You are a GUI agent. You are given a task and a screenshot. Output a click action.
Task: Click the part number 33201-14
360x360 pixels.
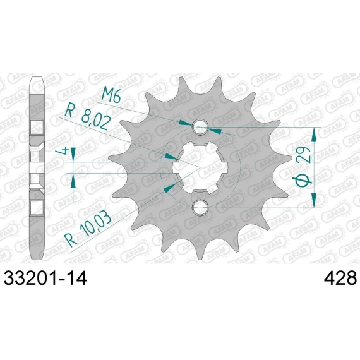(x=45, y=278)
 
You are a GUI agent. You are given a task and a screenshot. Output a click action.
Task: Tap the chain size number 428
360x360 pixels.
(x=340, y=278)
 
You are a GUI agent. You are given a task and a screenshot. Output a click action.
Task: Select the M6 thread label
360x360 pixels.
(x=111, y=95)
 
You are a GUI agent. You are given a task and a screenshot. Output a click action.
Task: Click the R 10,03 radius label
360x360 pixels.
(x=88, y=232)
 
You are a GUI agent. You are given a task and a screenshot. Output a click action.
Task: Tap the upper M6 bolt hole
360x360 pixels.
(x=200, y=126)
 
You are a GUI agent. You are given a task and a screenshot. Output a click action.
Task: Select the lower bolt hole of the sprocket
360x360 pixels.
(x=200, y=207)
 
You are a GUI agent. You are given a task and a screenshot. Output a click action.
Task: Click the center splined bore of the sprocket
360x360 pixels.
(x=200, y=167)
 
